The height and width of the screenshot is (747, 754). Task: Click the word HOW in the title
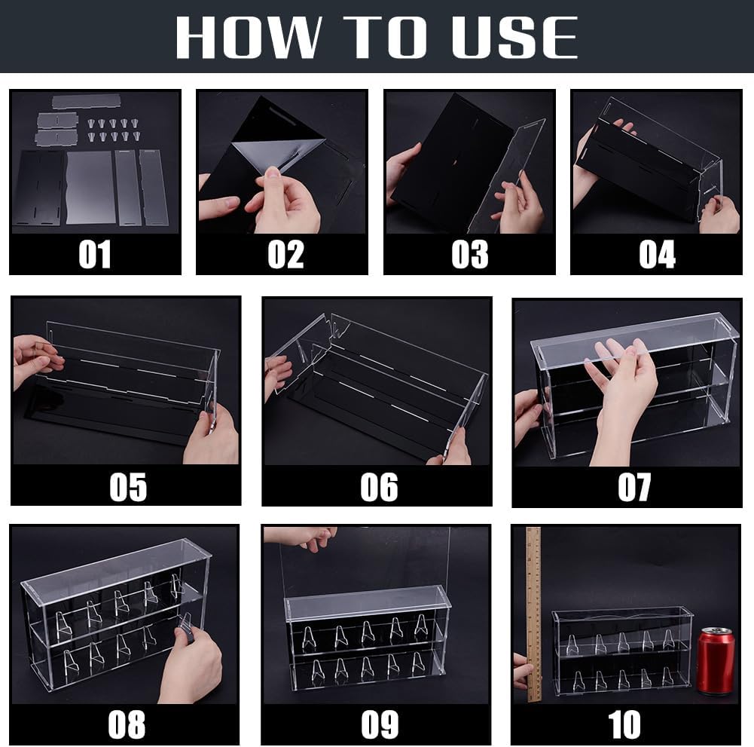[249, 37]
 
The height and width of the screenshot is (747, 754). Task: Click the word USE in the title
[515, 37]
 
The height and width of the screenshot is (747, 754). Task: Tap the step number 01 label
[95, 254]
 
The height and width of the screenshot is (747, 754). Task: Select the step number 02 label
[285, 254]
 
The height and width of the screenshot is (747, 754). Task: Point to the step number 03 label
[470, 254]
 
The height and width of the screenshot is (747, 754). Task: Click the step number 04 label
[657, 254]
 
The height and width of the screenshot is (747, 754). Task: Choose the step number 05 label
[128, 487]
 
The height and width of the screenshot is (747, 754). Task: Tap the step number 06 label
[379, 487]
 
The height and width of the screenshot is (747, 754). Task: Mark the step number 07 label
[634, 487]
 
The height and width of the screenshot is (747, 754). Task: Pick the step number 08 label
[127, 724]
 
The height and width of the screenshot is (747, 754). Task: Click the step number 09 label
[380, 724]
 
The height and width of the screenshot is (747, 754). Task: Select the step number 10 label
[624, 724]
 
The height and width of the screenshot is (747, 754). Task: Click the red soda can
[716, 661]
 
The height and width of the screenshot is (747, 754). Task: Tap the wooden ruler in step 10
[534, 614]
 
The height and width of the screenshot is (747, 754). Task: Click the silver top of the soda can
[716, 632]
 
